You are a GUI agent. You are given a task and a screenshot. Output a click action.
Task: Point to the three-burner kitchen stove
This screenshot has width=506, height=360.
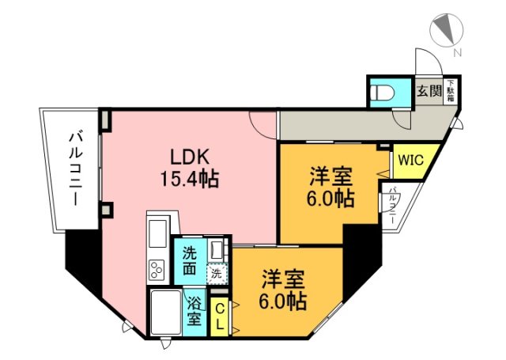tap(157, 270)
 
